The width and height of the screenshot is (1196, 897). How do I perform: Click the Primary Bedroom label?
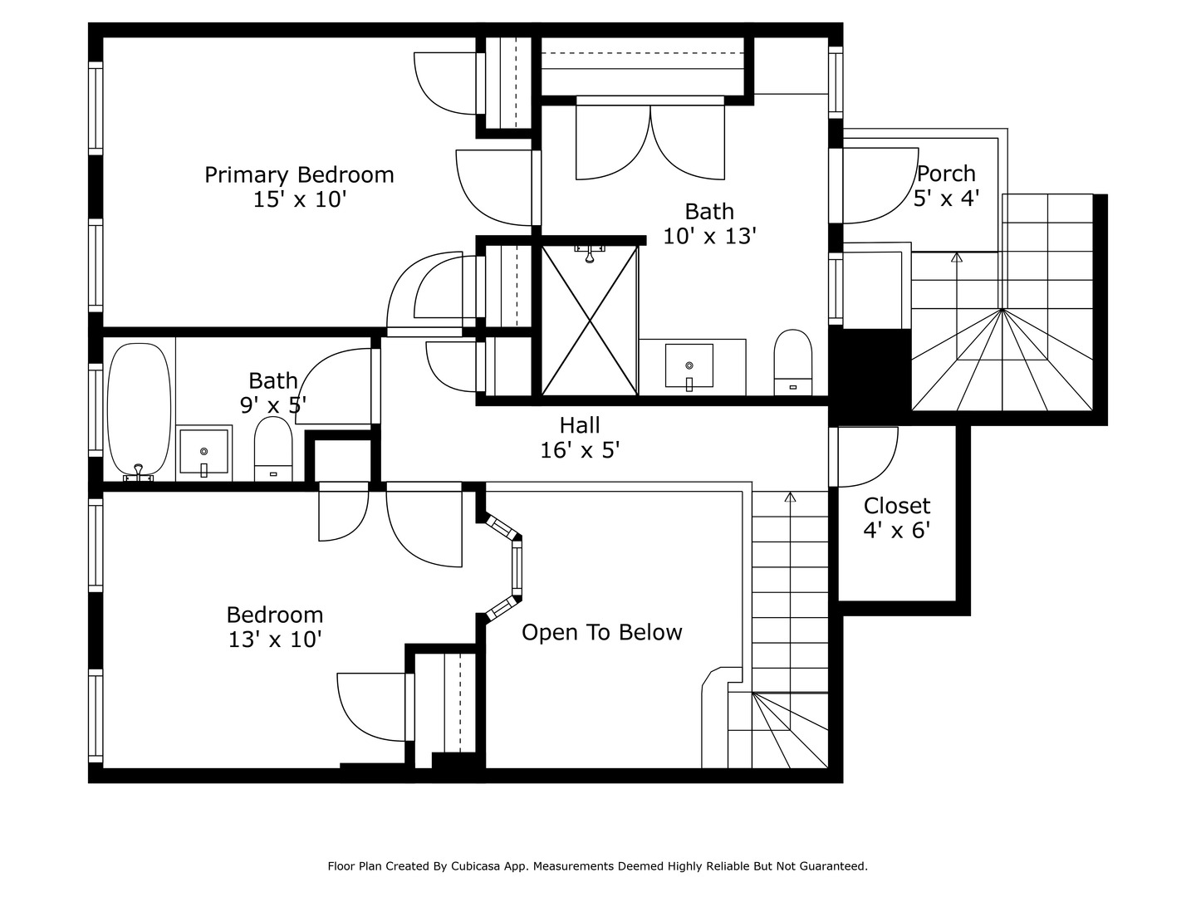tap(299, 174)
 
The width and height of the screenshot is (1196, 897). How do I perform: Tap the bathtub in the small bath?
tap(139, 411)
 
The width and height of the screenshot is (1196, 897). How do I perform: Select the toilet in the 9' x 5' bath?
tap(273, 448)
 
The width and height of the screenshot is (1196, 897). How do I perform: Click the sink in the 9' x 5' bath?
tap(203, 452)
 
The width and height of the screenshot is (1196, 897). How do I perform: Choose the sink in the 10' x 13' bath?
tap(689, 366)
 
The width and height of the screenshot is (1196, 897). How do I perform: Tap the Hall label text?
tap(580, 424)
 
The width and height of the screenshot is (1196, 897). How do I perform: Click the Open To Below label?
tap(601, 632)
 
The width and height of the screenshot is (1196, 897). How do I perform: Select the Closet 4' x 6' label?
tap(897, 518)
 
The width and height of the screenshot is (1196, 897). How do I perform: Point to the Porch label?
tap(947, 174)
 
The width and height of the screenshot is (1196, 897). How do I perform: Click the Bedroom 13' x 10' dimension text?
tap(275, 640)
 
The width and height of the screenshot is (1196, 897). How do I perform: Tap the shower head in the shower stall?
tap(590, 254)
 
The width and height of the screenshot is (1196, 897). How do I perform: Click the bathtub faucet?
tap(139, 473)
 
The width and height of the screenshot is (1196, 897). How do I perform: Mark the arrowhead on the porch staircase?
tap(956, 257)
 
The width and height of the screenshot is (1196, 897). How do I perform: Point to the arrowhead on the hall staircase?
tap(790, 497)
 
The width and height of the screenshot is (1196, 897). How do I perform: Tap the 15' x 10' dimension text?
tap(300, 199)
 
